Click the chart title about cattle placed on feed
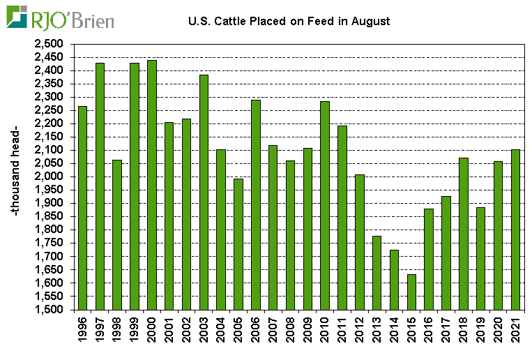[x=289, y=22]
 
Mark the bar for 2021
[x=516, y=230]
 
